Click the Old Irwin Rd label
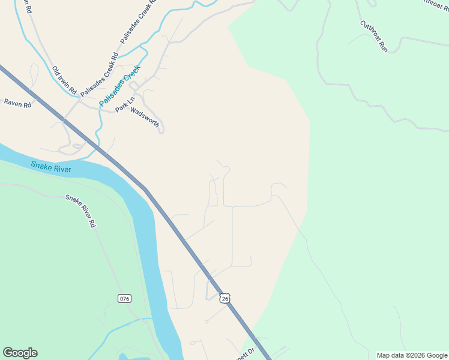pyautogui.click(x=64, y=80)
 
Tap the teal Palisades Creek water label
pyautogui.click(x=119, y=86)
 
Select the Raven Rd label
pyautogui.click(x=17, y=103)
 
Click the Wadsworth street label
pyautogui.click(x=145, y=117)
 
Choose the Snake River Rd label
pyautogui.click(x=80, y=211)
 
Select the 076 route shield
pyautogui.click(x=124, y=298)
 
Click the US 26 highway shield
pyautogui.click(x=224, y=298)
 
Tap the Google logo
pyautogui.click(x=20, y=353)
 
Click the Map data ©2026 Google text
pyautogui.click(x=412, y=355)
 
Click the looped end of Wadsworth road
pyautogui.click(x=161, y=130)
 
